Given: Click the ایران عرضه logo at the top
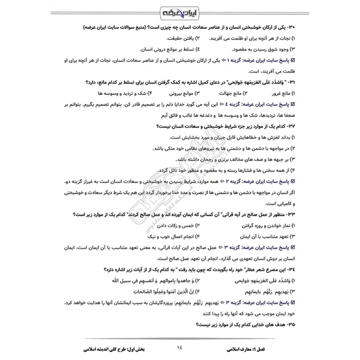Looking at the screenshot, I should point(180,10).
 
